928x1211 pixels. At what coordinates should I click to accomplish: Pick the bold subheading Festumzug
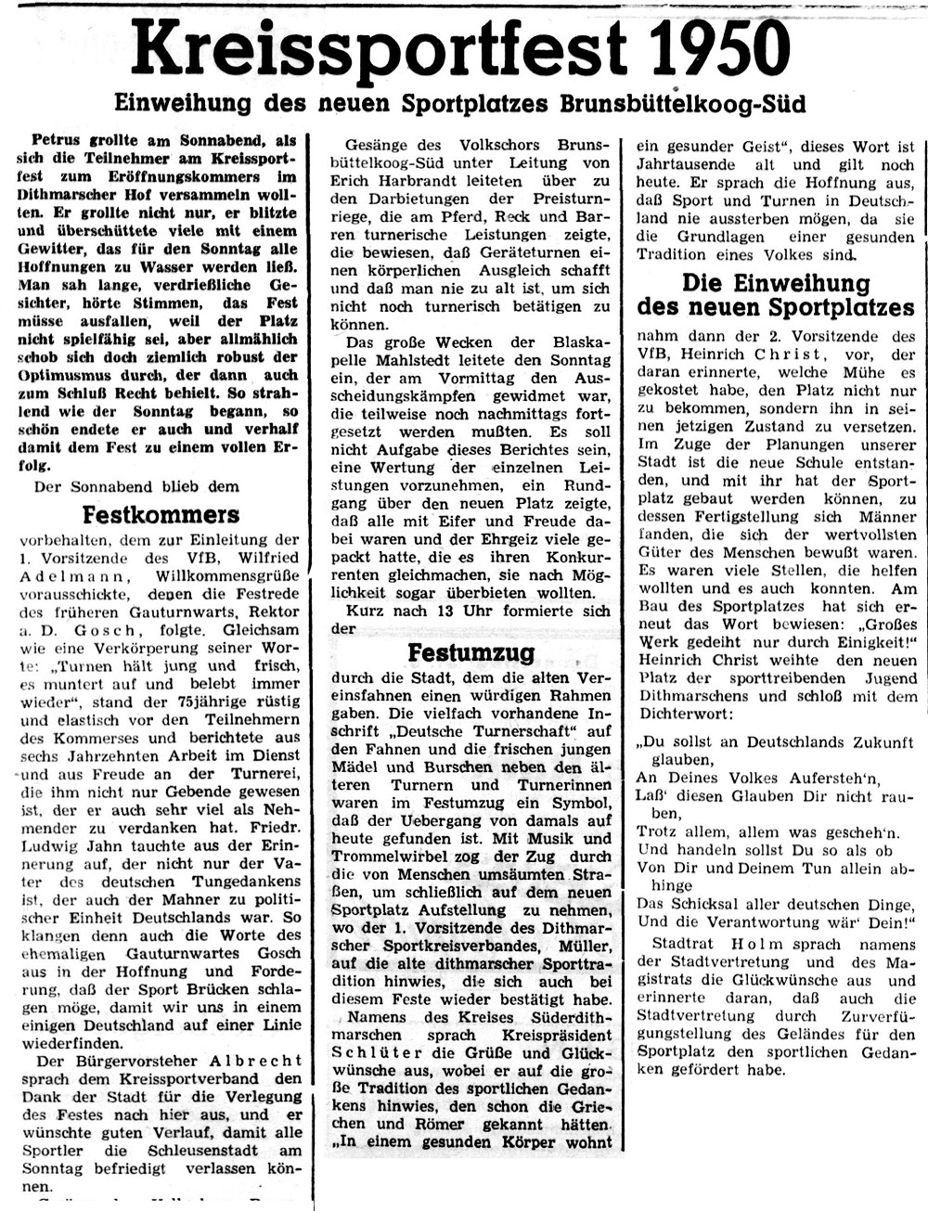[470, 652]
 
